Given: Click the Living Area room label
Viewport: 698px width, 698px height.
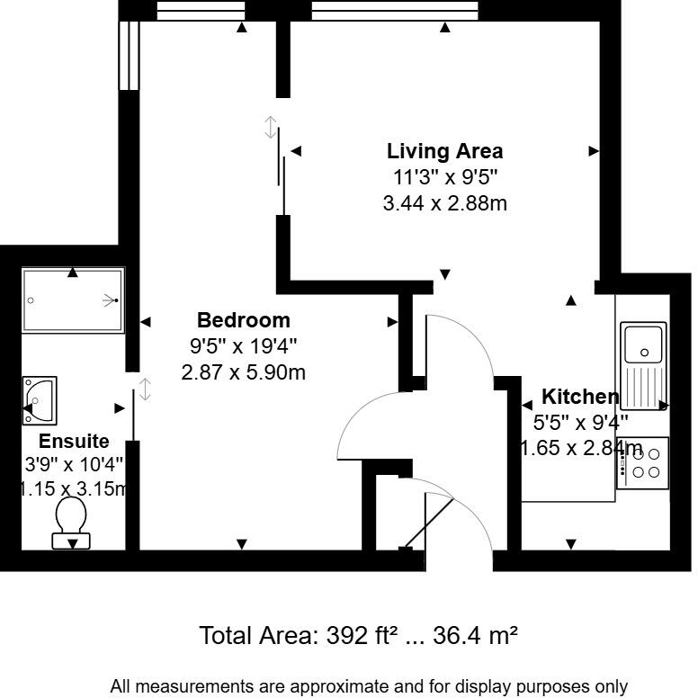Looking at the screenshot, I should [x=444, y=151].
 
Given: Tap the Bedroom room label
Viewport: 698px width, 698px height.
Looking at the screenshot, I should [x=243, y=319].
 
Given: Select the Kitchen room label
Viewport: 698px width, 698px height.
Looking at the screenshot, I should [x=579, y=397].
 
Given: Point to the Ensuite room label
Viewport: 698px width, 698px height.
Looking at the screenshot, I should [x=74, y=441].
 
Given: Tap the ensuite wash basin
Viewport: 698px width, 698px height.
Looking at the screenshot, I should [x=40, y=400].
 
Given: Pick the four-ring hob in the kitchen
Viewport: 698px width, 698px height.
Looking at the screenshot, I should [x=643, y=462].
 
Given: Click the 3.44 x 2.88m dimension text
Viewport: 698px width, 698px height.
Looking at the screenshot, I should [x=444, y=203].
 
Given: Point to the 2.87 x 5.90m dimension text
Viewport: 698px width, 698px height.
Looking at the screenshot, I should [x=243, y=371].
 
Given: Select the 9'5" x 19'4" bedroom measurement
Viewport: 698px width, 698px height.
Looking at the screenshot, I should [x=243, y=345].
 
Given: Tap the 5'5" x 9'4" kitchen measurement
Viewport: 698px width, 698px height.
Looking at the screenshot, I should [x=581, y=422].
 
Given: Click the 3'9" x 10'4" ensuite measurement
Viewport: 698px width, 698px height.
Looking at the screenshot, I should [x=74, y=465].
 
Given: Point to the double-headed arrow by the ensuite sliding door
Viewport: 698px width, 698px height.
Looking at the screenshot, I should [x=145, y=389].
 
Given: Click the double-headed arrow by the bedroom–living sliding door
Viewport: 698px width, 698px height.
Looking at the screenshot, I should [x=271, y=127].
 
